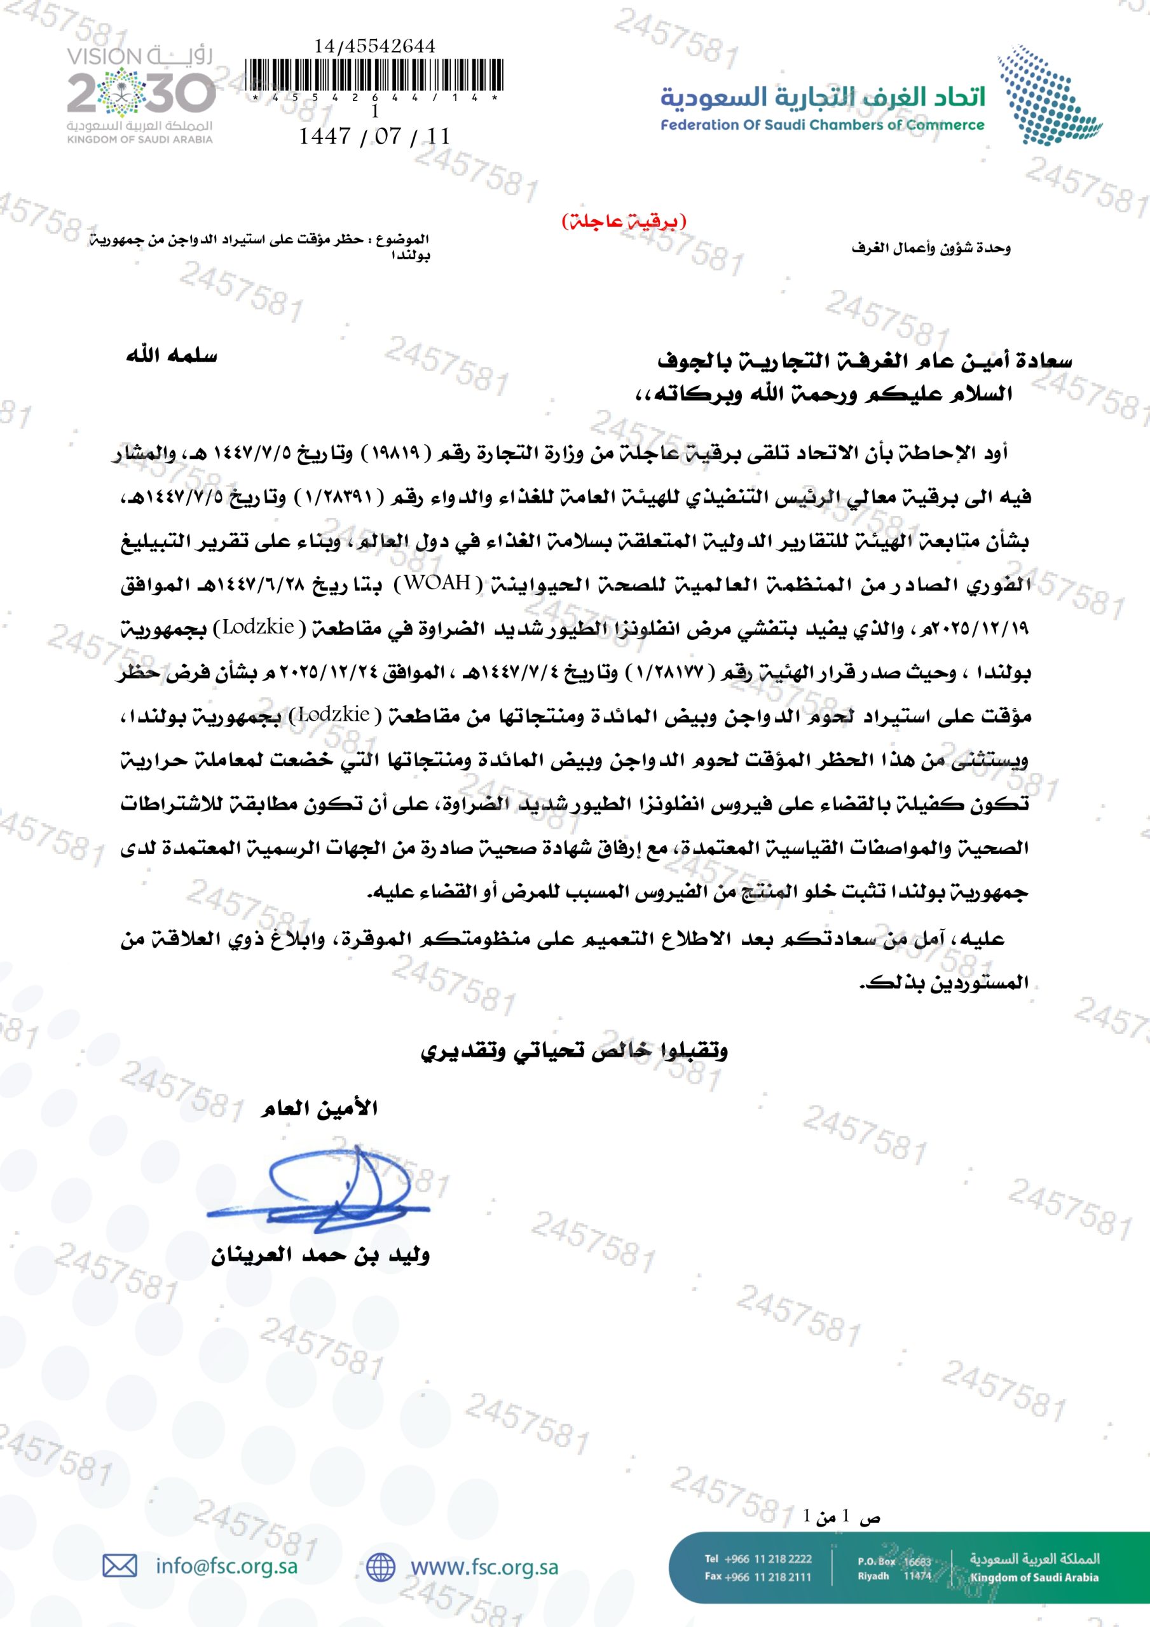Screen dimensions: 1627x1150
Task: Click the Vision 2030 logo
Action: (x=140, y=94)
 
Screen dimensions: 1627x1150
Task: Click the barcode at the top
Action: (x=374, y=76)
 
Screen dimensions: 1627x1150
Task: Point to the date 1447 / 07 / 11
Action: (x=374, y=136)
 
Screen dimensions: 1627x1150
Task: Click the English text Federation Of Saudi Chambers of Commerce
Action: (x=823, y=125)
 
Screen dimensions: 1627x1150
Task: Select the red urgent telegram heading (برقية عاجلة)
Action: (x=624, y=221)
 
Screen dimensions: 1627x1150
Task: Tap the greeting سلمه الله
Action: (x=172, y=356)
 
